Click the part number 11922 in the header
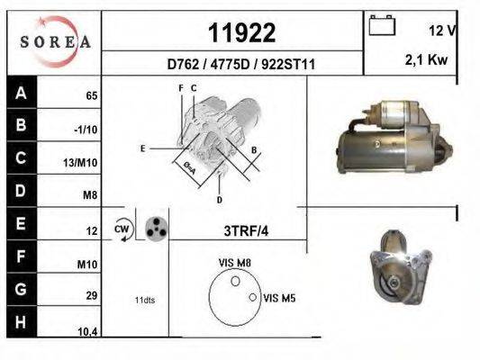241,33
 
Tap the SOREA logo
56,41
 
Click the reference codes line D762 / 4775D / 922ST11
240,65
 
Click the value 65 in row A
91,95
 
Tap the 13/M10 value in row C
82,164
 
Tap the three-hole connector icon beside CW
156,228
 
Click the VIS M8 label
235,262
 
